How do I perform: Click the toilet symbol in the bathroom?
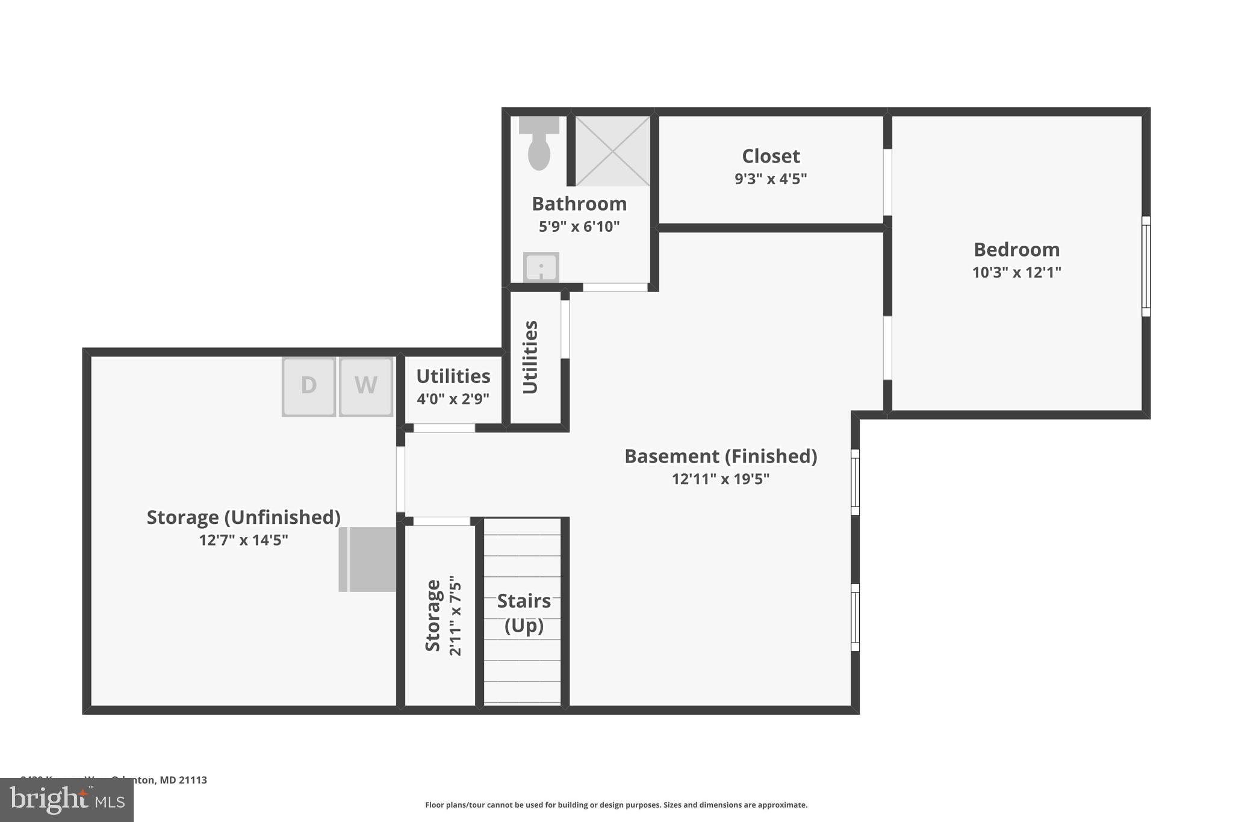click(x=539, y=145)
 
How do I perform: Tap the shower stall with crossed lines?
click(x=612, y=151)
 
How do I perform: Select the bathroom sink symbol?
click(x=541, y=267)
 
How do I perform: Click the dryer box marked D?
click(x=309, y=386)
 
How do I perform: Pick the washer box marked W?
click(x=366, y=386)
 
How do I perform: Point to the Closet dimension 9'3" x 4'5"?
click(x=771, y=179)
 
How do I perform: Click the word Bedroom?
click(x=1016, y=249)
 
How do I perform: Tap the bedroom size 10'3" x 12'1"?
click(x=1016, y=272)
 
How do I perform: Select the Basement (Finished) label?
click(x=721, y=456)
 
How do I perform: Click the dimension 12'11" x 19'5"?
click(x=721, y=479)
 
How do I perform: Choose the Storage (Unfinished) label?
click(x=243, y=517)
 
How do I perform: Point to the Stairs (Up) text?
click(x=524, y=613)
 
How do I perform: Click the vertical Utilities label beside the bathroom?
click(x=530, y=357)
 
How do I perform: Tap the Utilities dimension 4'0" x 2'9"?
click(x=453, y=399)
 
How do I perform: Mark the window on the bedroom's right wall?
click(x=1146, y=266)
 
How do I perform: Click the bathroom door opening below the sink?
click(x=615, y=287)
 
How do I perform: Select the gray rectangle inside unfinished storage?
click(x=368, y=559)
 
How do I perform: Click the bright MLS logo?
click(x=67, y=800)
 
